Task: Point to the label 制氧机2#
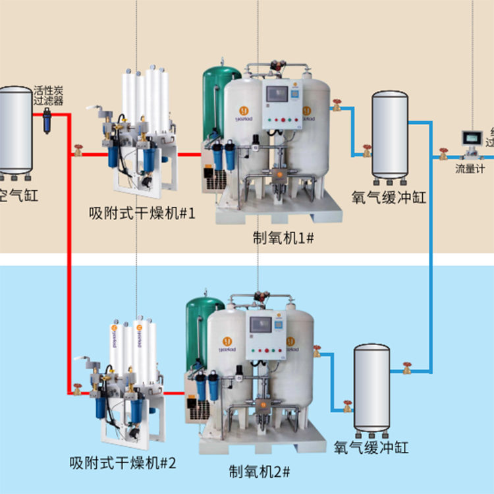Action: coord(260,472)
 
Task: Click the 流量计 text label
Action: coord(469,169)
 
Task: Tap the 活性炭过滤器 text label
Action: coord(48,96)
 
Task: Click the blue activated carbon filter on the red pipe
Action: coord(48,120)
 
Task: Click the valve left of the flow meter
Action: coord(443,156)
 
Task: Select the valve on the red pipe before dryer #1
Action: coord(78,151)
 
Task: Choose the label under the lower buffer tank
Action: coord(371,448)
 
